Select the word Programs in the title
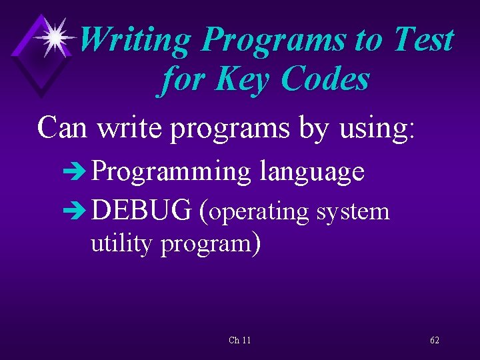click(x=274, y=41)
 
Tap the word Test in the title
click(x=423, y=39)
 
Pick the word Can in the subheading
click(x=63, y=127)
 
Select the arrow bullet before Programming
click(x=77, y=172)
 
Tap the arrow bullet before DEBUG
click(x=77, y=211)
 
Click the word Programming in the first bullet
click(x=171, y=173)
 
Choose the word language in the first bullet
click(x=312, y=173)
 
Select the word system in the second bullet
click(x=353, y=212)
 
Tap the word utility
click(x=121, y=244)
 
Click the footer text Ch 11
click(x=239, y=340)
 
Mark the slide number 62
click(x=435, y=340)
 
